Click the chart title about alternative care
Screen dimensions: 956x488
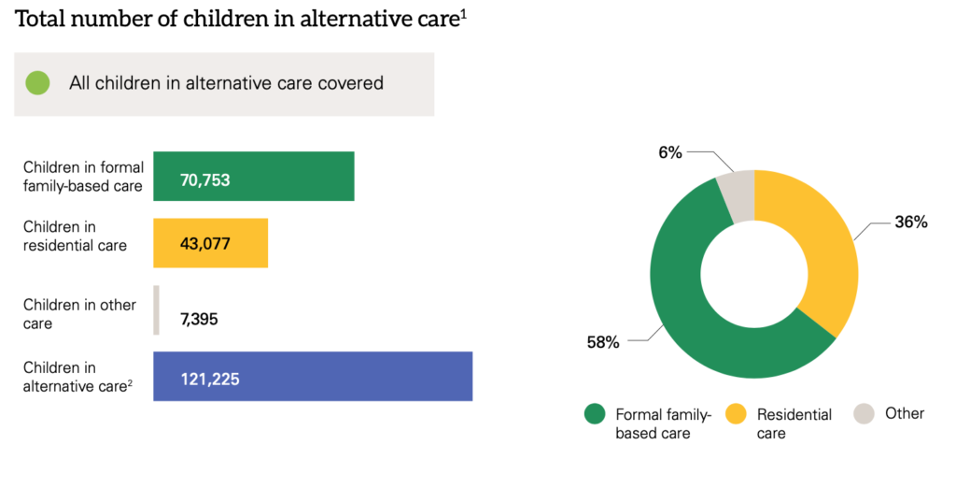(x=241, y=19)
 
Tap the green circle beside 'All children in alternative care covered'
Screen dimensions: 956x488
(x=37, y=83)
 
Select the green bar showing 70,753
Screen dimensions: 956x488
(x=254, y=176)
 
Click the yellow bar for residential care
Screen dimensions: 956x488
(x=210, y=243)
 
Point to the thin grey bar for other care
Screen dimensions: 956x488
(x=157, y=309)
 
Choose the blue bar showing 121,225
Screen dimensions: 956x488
(x=313, y=376)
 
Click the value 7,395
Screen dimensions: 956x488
(x=199, y=320)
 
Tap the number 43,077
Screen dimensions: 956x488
(x=204, y=244)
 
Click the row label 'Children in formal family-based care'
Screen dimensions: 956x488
(x=83, y=177)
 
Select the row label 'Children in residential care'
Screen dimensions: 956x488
(x=75, y=236)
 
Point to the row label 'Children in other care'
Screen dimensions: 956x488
(x=79, y=314)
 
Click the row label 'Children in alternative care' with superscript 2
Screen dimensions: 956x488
(x=78, y=377)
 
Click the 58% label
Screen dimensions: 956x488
(x=603, y=343)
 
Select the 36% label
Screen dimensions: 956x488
(x=911, y=222)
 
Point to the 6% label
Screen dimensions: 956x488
(x=670, y=152)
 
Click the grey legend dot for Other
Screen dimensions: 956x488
(x=864, y=413)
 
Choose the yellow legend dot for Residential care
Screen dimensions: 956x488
(x=736, y=413)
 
